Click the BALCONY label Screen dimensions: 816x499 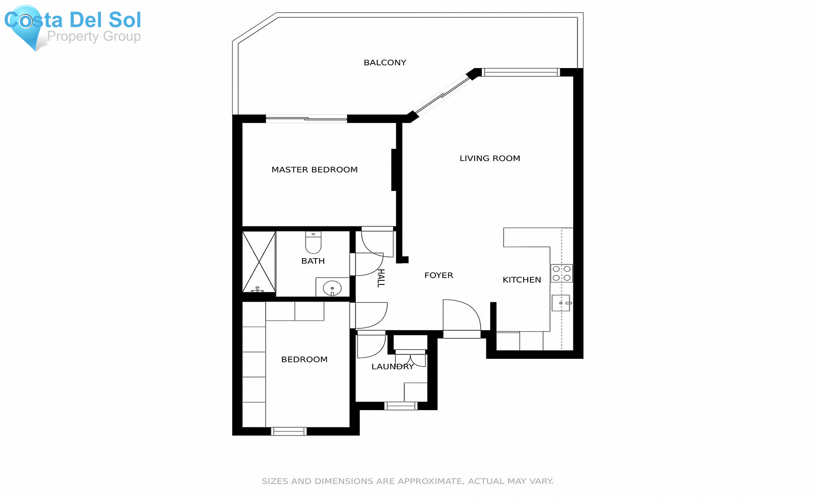[385, 63]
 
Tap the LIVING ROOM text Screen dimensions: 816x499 [490, 158]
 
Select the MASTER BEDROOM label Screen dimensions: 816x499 [315, 170]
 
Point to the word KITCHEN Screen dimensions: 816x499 [522, 280]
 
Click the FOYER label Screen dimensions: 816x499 [439, 275]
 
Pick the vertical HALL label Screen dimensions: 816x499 [381, 278]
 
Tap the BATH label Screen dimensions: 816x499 [313, 261]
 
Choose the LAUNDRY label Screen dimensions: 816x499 [393, 367]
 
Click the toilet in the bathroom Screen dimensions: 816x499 [313, 242]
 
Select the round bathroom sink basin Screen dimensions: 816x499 [332, 288]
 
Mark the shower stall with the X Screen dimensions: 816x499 [259, 262]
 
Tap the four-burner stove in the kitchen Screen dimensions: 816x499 [562, 273]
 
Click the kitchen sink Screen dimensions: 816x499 [561, 303]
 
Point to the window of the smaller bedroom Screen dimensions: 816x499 [289, 431]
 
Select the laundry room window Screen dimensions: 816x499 [401, 406]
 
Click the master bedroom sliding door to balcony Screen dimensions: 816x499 [306, 119]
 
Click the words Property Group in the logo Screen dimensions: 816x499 [94, 36]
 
